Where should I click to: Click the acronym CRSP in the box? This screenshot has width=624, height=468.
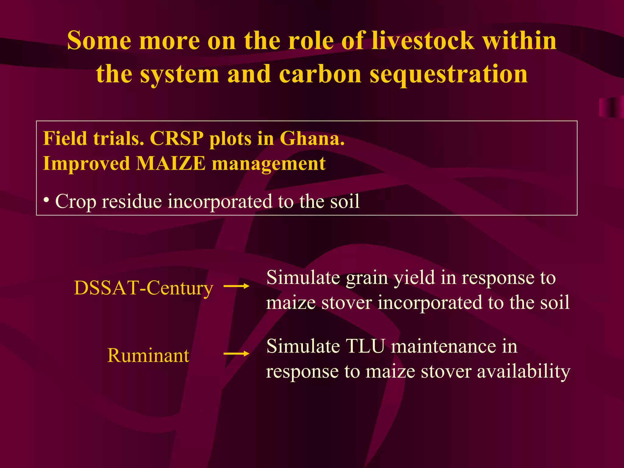point(176,139)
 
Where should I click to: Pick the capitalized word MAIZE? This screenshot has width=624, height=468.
point(171,164)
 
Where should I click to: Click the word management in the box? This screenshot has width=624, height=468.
point(268,164)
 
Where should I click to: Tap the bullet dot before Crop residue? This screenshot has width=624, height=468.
point(46,200)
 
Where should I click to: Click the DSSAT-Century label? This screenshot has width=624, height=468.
point(144,288)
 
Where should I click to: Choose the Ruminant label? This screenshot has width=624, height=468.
point(148,356)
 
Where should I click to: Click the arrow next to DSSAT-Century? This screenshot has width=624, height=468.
point(236,286)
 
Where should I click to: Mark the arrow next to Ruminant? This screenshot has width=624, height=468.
point(236,354)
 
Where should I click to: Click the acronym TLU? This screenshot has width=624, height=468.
point(365,346)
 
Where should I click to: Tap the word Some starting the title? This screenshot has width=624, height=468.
point(99,41)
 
